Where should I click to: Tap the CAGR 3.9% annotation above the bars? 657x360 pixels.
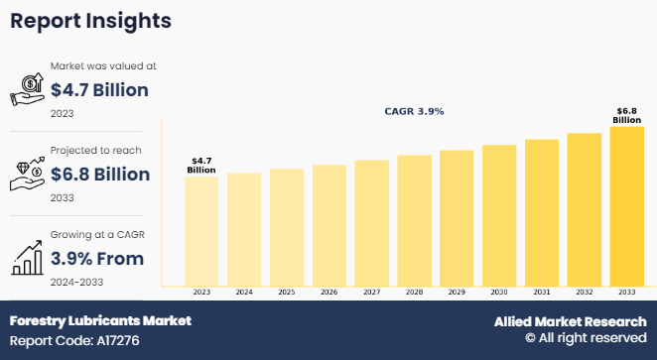(x=414, y=112)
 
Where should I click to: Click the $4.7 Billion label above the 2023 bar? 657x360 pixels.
(x=201, y=165)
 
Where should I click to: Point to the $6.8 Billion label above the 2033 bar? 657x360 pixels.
(x=626, y=115)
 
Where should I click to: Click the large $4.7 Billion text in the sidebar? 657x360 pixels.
(x=99, y=91)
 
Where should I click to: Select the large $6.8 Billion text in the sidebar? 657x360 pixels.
(x=99, y=175)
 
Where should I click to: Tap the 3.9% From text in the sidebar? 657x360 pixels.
(x=97, y=259)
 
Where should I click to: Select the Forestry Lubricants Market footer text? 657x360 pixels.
(x=100, y=321)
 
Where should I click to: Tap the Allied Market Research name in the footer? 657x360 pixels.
(x=571, y=321)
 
